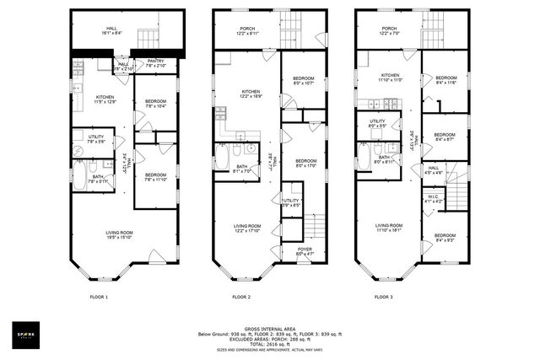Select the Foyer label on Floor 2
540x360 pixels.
(304, 252)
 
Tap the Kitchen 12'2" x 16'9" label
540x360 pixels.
(251, 94)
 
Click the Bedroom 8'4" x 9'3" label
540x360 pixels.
(445, 239)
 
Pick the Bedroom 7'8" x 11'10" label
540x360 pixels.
(157, 175)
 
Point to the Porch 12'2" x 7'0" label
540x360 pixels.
(389, 31)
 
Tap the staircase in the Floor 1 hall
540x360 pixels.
(147, 38)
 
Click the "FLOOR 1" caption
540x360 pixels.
(100, 297)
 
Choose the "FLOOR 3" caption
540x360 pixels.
(384, 297)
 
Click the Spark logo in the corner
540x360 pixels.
(26, 332)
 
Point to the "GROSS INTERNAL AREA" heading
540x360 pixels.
(269, 328)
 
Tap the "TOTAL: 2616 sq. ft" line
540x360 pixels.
(269, 344)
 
